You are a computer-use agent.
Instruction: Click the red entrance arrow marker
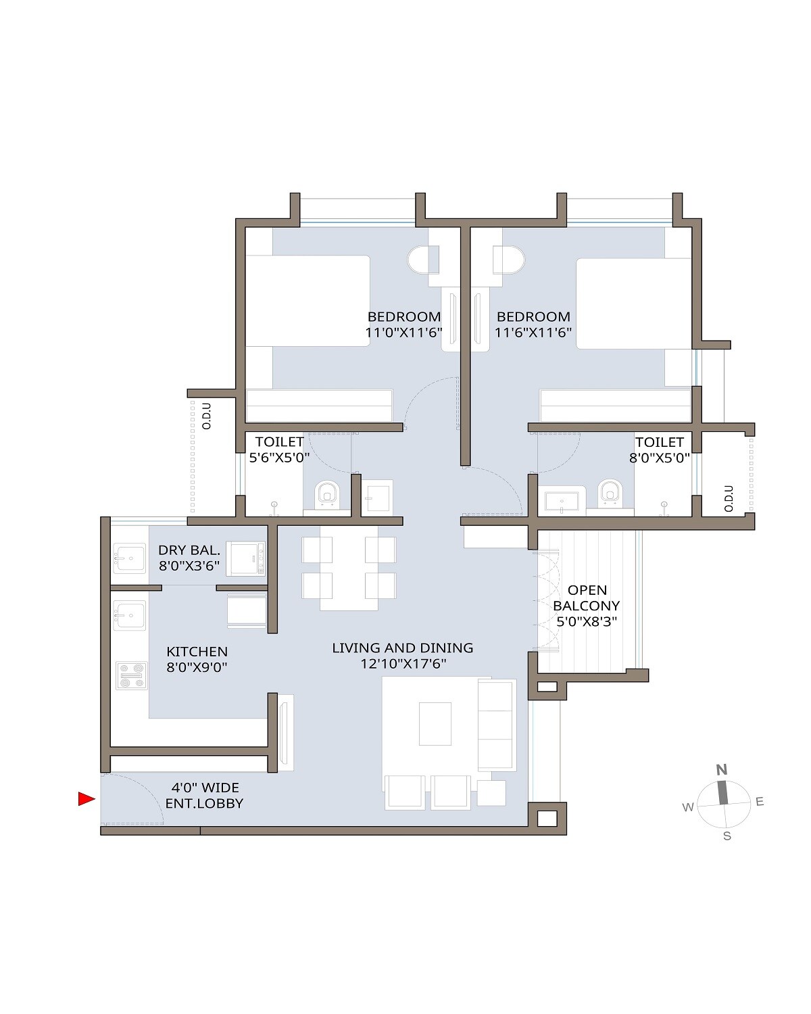click(x=86, y=799)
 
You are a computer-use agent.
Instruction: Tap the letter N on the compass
click(x=722, y=769)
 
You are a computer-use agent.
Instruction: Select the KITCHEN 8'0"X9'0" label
click(x=197, y=659)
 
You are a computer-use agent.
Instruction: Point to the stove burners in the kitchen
click(x=131, y=675)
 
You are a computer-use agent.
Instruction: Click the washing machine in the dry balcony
click(x=245, y=558)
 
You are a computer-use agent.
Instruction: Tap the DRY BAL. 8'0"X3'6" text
click(x=189, y=558)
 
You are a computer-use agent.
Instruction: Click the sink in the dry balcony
click(x=130, y=558)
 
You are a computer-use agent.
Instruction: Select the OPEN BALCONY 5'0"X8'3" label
click(x=586, y=606)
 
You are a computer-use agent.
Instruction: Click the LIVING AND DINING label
click(x=403, y=656)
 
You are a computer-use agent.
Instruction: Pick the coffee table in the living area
click(x=435, y=723)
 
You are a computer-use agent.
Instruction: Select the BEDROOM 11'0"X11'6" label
click(x=403, y=324)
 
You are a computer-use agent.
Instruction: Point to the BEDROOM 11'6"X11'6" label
click(x=533, y=324)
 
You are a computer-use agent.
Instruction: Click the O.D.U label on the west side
click(x=207, y=416)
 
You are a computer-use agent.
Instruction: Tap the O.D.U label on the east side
click(x=729, y=498)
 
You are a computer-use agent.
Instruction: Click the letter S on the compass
click(x=727, y=836)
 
